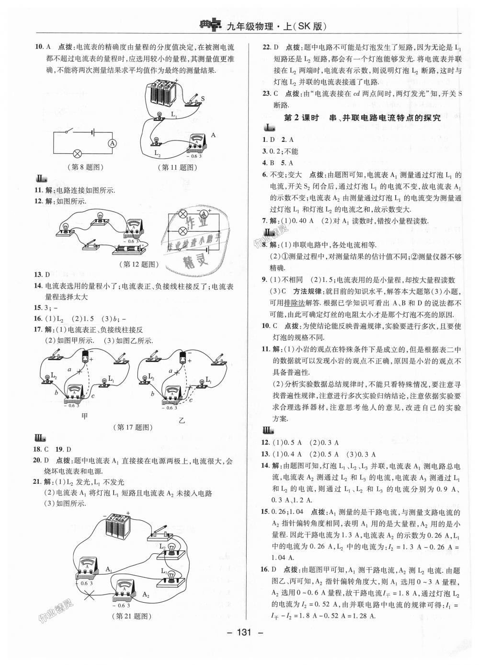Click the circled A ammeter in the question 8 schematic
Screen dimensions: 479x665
coord(113,143)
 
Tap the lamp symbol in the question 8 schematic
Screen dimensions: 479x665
coord(78,154)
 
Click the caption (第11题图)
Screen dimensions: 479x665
coord(178,167)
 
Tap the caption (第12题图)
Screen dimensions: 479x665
coord(138,264)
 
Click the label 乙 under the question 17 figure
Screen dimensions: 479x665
coord(182,420)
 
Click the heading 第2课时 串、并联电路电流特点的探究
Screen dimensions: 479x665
coord(362,118)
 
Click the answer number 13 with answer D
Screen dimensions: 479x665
coord(38,274)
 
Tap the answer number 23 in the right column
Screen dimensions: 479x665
coord(267,93)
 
